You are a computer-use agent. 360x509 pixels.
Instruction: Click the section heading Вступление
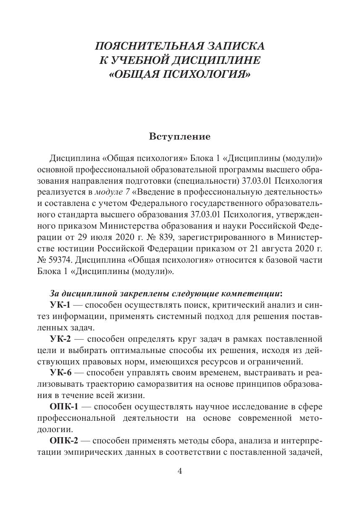[179, 137]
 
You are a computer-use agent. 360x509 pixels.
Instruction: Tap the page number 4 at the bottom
[180, 471]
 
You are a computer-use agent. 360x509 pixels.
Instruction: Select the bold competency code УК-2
[60, 338]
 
